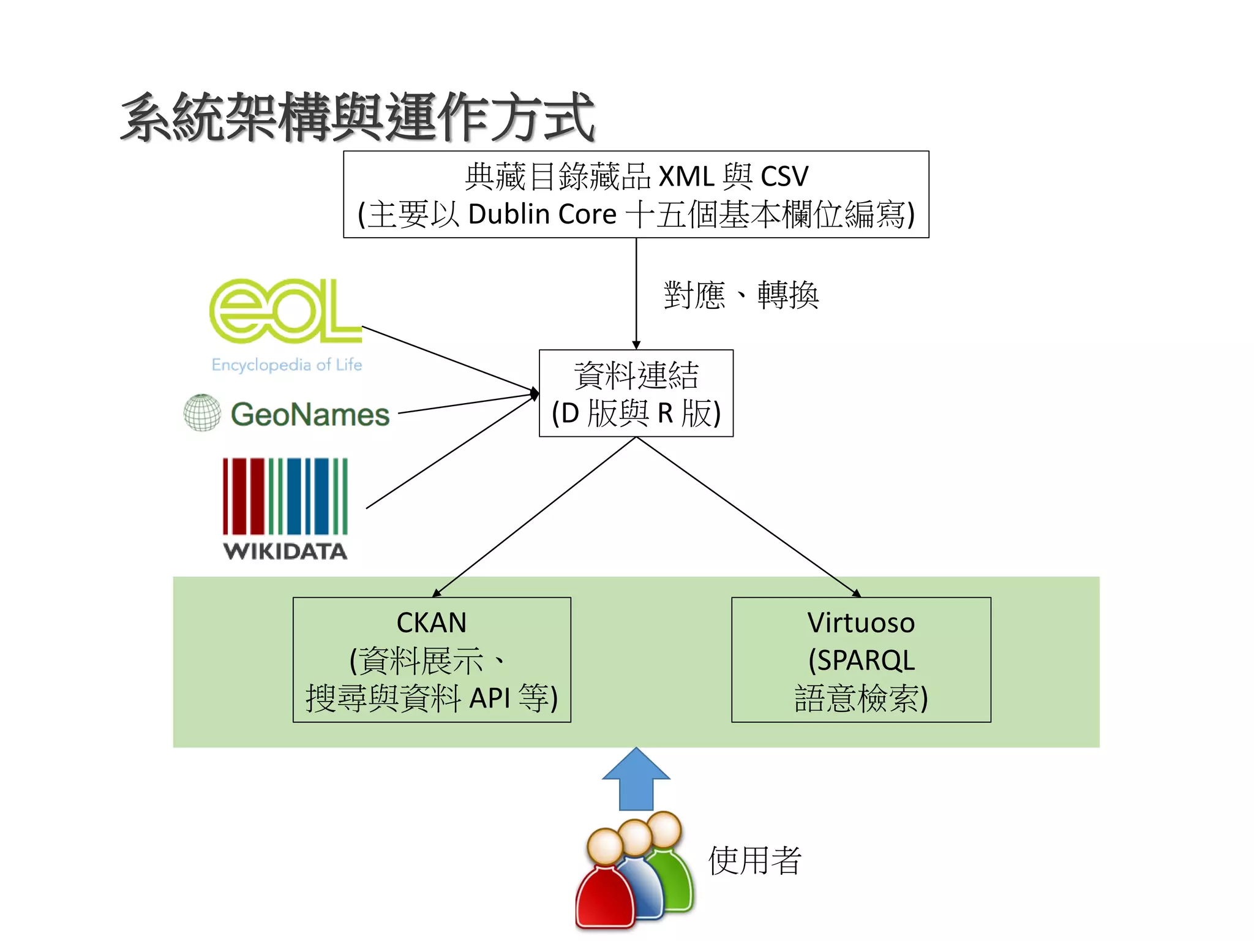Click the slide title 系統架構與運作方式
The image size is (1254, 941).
(358, 117)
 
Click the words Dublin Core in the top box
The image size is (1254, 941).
(542, 214)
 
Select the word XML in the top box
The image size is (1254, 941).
(686, 176)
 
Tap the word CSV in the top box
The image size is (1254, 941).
(784, 176)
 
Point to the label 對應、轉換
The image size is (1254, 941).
(741, 295)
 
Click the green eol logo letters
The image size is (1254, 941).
(285, 311)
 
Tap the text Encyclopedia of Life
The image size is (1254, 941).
(287, 365)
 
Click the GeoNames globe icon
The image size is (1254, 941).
(202, 412)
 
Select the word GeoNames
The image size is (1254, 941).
(310, 415)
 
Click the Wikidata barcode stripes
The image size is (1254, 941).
(285, 496)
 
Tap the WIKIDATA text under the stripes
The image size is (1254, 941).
(285, 551)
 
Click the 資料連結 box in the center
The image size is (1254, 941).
(636, 393)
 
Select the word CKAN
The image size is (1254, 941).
(432, 623)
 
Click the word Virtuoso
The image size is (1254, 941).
(861, 623)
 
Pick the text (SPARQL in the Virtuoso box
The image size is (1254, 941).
(861, 660)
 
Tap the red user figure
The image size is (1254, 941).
(605, 888)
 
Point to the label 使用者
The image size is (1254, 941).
(754, 861)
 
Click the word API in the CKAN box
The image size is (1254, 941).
(489, 698)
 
